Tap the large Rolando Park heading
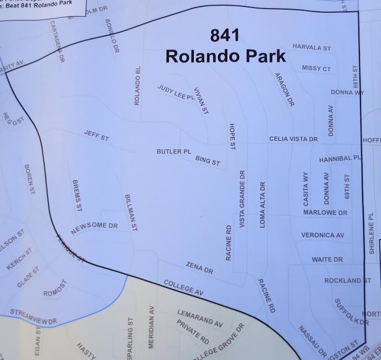point(224,56)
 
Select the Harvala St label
point(311,48)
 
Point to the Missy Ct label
point(316,69)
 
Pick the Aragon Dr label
point(284,89)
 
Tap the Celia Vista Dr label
point(293,139)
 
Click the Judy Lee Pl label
point(175,92)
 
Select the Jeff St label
point(96,136)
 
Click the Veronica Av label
point(323,235)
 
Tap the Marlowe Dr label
point(325,212)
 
